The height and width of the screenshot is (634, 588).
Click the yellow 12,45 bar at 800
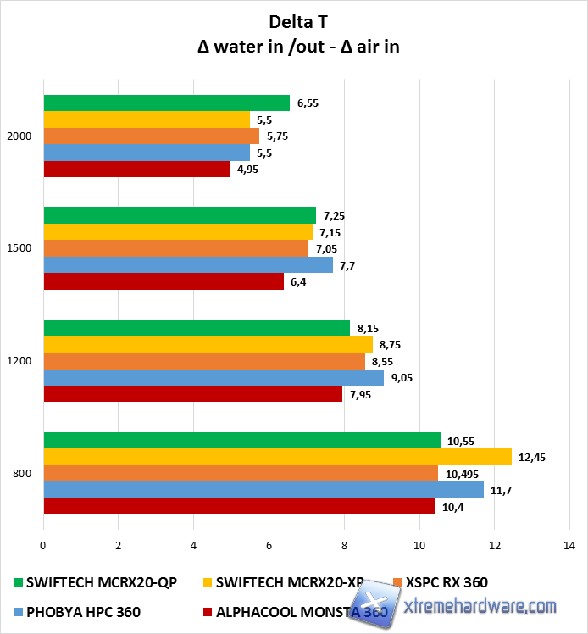click(x=277, y=457)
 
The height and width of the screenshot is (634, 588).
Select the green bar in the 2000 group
click(x=166, y=103)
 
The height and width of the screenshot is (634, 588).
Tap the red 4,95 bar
click(x=136, y=170)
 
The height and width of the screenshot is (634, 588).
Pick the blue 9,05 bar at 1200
click(x=213, y=378)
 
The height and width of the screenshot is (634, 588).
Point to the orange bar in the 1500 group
click(x=175, y=248)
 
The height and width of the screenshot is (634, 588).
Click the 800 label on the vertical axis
click(x=23, y=474)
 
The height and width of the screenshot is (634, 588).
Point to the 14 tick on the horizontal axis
click(x=569, y=546)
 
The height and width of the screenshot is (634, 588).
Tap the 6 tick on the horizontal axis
click(x=269, y=546)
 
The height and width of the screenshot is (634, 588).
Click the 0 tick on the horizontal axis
click(x=43, y=546)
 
